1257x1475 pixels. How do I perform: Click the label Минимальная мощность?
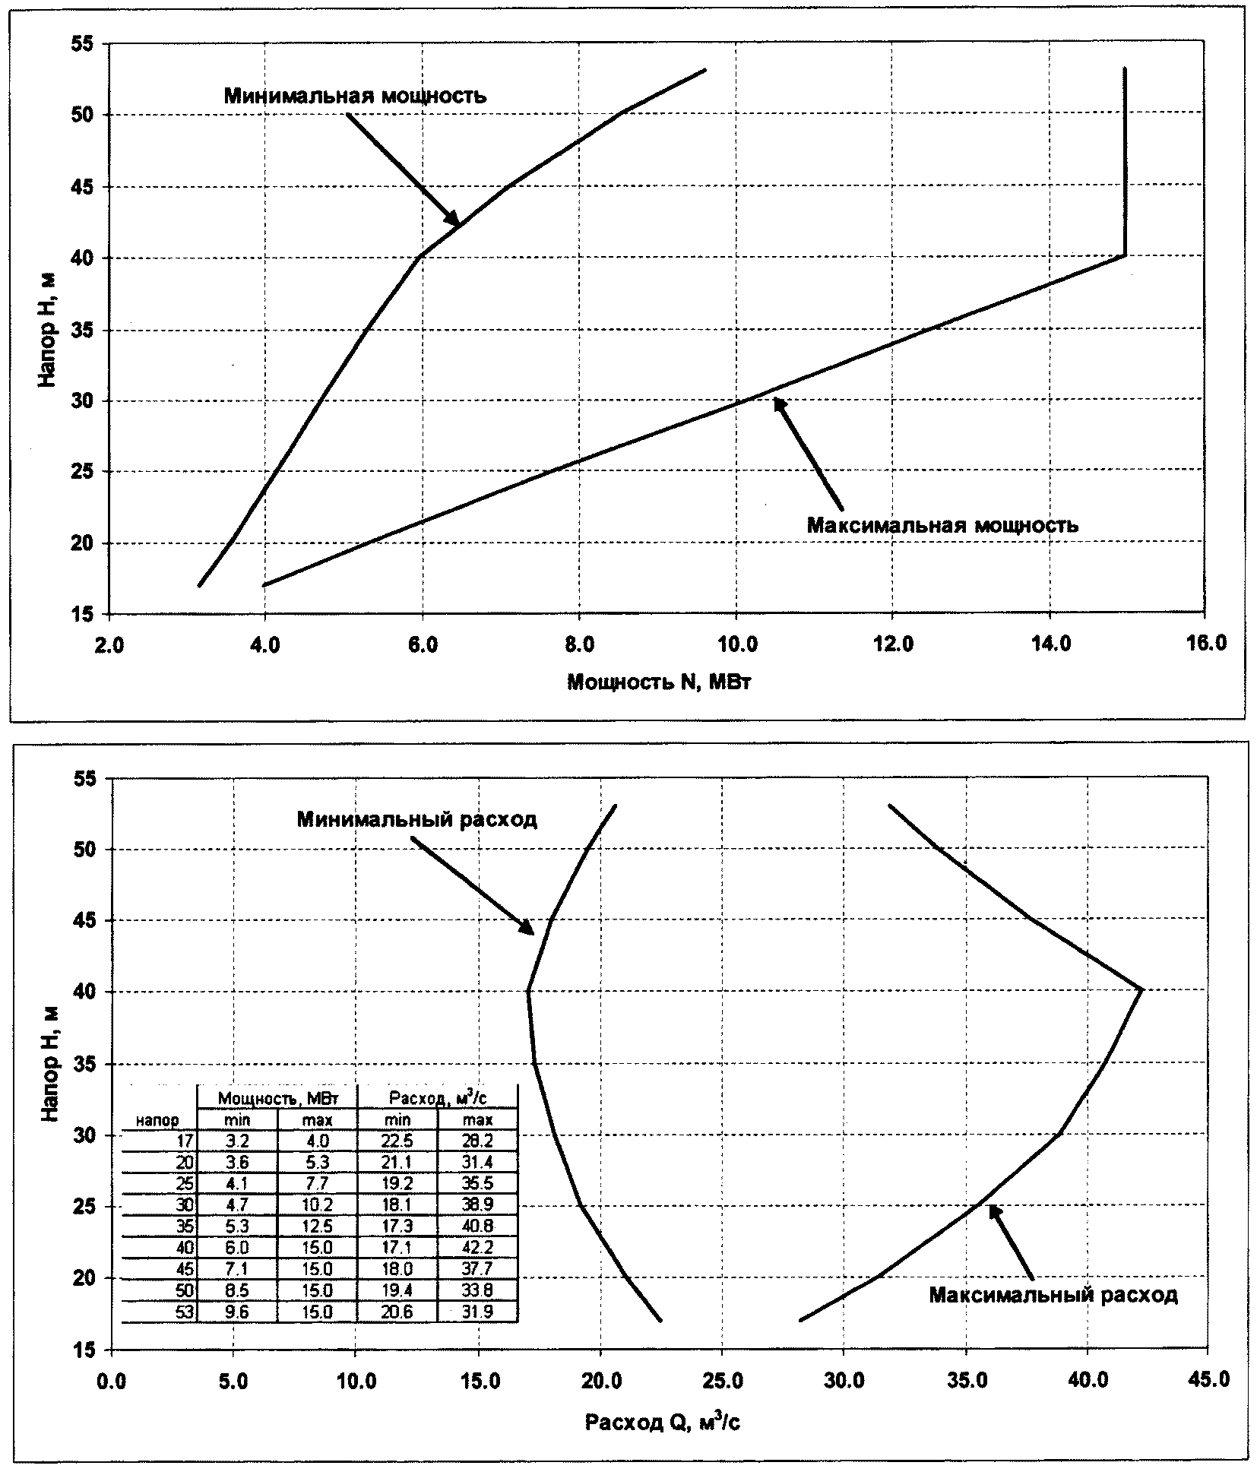355,97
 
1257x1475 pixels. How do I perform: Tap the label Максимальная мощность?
942,525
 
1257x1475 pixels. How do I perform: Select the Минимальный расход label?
417,819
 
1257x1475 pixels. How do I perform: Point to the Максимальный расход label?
1053,1295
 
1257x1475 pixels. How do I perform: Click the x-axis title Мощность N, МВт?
659,682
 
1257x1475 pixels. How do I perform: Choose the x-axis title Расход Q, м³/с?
662,1423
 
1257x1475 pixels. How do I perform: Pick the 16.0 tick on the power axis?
1205,644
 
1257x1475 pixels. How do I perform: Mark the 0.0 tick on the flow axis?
112,1380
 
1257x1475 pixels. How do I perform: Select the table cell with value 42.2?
477,1248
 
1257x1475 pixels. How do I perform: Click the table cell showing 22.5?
397,1141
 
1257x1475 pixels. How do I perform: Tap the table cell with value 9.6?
236,1312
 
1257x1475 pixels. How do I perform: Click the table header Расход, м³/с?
437,1098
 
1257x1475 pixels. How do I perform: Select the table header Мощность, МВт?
277,1098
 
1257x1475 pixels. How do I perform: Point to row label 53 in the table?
185,1312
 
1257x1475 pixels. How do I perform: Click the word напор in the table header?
158,1121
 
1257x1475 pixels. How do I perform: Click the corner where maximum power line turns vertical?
1125,255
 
